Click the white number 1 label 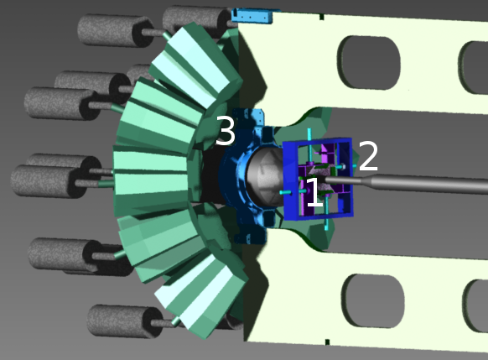point(315,192)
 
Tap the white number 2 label point(368,156)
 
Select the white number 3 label point(226,130)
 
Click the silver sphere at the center point(265,176)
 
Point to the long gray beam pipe point(405,182)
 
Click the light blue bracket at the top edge point(252,16)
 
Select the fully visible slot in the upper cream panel point(369,63)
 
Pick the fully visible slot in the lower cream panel point(373,300)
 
